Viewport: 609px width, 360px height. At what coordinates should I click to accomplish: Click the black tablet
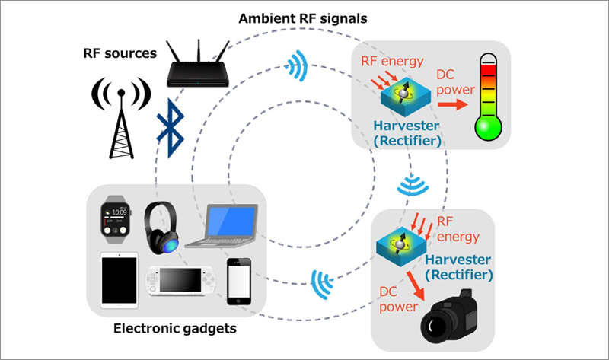(118, 281)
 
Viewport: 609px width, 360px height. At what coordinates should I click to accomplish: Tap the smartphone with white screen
(239, 282)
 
